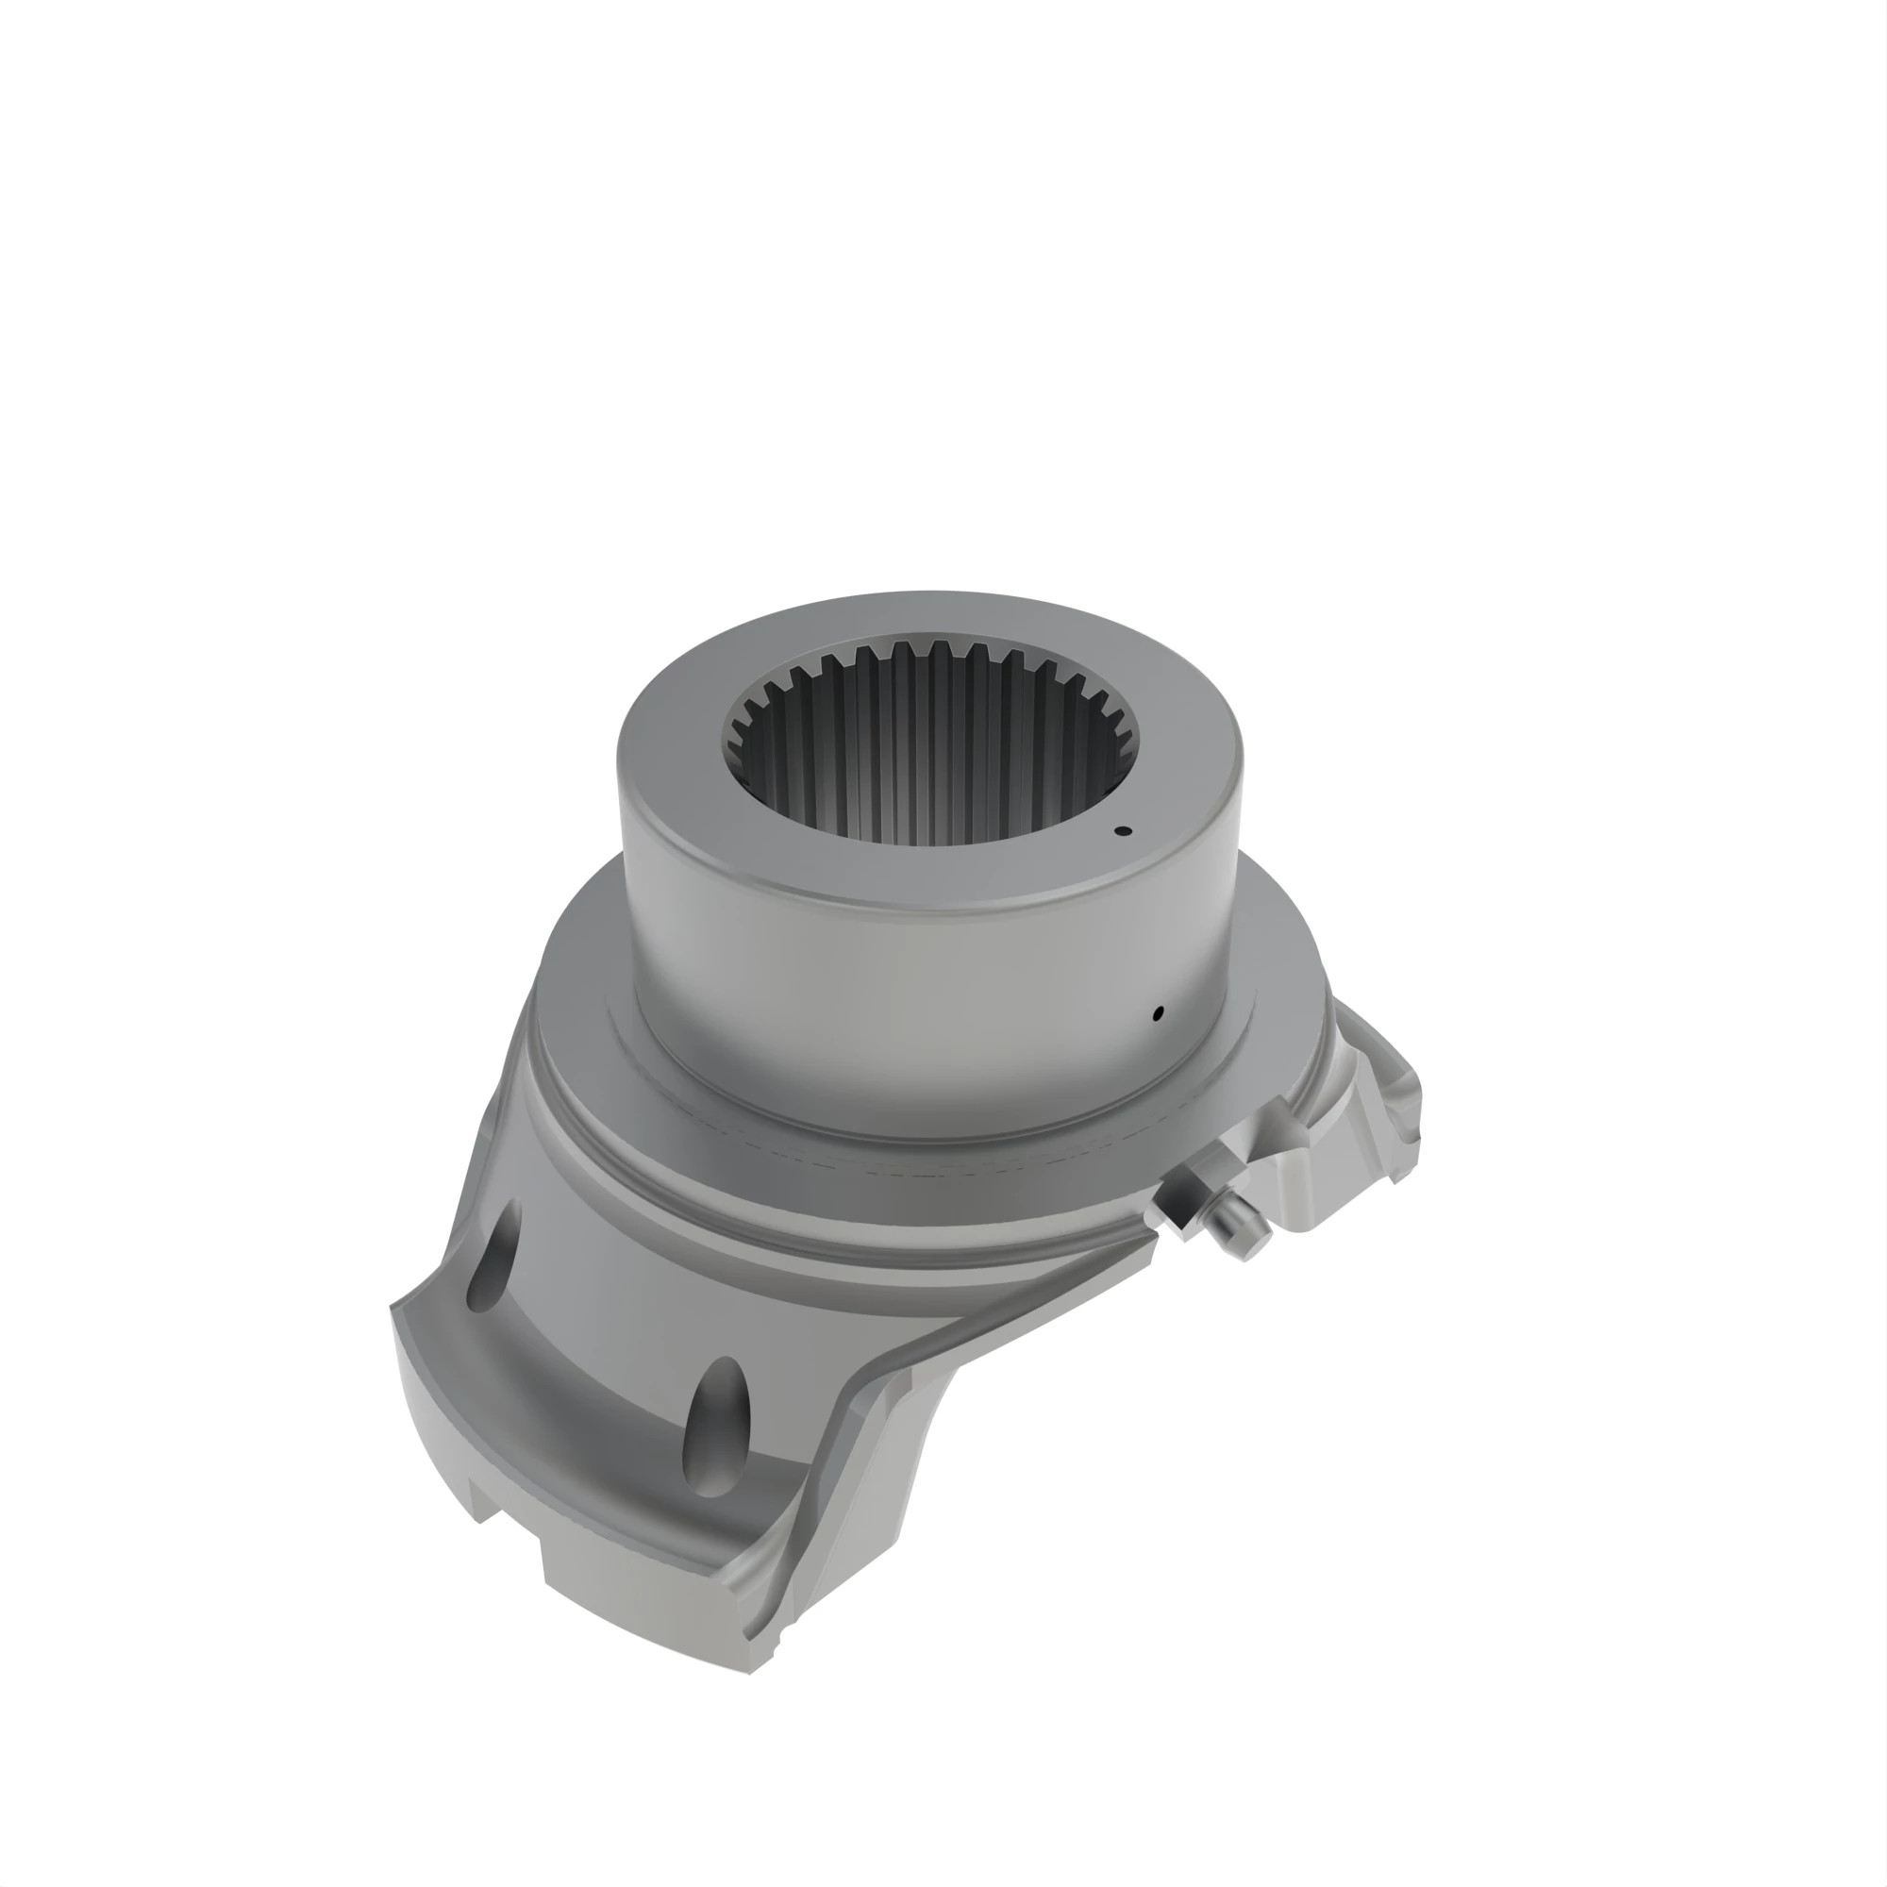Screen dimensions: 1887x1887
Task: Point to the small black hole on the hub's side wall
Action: click(1159, 1012)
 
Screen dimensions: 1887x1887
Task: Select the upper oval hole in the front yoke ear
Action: click(494, 1257)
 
